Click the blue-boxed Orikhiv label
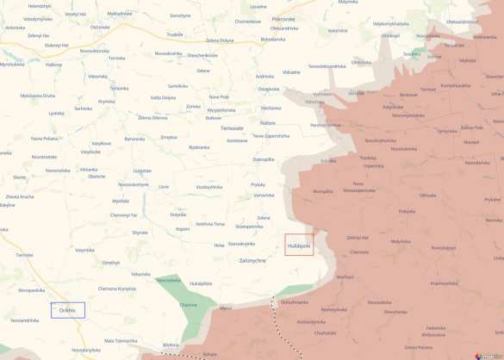coord(68,310)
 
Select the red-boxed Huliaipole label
coord(299,245)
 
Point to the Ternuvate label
coord(232,127)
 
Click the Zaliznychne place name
coord(252,259)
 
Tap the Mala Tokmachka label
coord(121,340)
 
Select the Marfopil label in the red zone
coord(345,276)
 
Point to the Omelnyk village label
coord(111,263)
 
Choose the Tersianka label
coord(119,89)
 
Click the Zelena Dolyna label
coord(220,40)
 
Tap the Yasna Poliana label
coord(43,138)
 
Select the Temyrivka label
coord(447,132)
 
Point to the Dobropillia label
coord(264,159)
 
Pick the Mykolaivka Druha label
coord(37,96)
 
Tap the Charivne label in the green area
coord(189,305)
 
